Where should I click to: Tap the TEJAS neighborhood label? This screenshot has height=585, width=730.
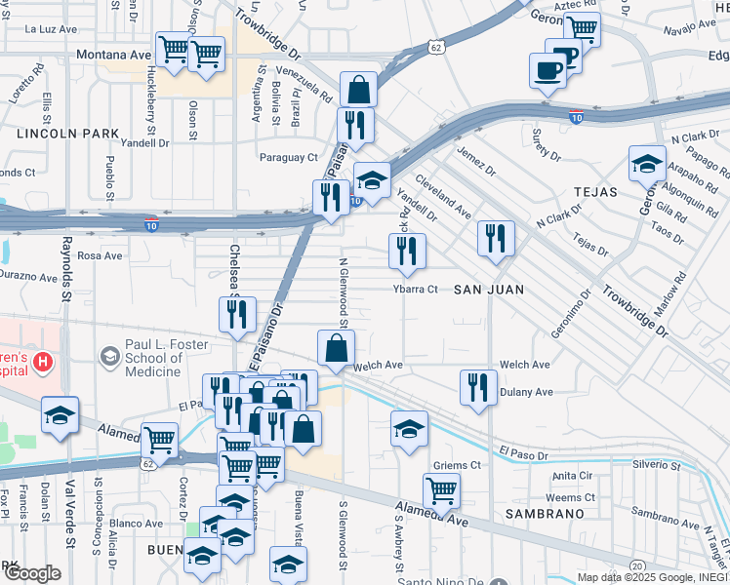pos(595,192)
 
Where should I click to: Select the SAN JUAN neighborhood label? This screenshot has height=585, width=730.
pos(489,290)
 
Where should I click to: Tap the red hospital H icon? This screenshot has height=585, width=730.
pos(42,364)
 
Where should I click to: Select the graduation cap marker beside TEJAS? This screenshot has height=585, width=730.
pos(646,162)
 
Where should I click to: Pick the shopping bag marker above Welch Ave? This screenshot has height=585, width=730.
pos(336,348)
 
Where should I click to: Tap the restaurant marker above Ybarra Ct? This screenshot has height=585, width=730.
pos(407,251)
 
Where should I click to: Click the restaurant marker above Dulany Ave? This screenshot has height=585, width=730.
pos(478,386)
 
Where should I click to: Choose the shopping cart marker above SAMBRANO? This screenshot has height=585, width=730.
pos(442,490)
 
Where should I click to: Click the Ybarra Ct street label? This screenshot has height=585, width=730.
pos(415,290)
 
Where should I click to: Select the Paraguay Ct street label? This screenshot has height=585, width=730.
pos(288,157)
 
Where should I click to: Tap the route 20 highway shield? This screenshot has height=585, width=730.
pos(636,565)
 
